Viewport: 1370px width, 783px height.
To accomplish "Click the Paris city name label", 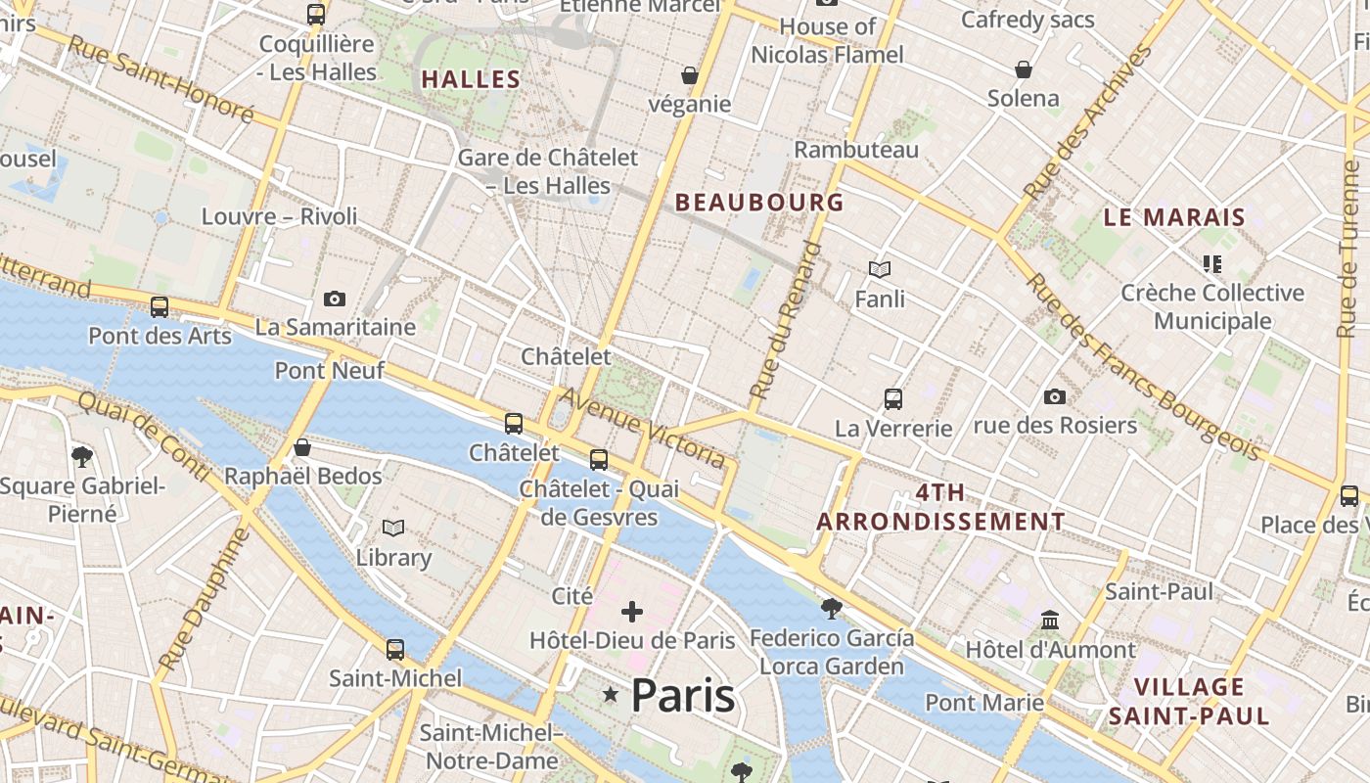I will [682, 695].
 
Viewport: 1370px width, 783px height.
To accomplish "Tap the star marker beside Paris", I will [611, 695].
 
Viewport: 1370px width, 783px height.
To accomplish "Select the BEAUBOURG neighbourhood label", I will [759, 203].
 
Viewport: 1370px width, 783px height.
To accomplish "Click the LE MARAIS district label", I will [1174, 217].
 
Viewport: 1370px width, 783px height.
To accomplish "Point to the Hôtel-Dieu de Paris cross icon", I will [632, 613].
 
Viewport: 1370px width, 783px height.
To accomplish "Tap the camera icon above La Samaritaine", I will [335, 299].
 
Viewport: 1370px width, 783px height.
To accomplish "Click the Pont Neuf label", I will [329, 371].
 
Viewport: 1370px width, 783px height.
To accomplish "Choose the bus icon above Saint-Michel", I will [395, 649].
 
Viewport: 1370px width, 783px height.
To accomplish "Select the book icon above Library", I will [393, 529].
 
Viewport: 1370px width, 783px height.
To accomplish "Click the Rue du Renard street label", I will [785, 320].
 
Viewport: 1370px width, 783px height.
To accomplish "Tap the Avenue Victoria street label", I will [642, 428].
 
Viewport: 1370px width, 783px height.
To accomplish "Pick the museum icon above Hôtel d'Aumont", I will [1050, 621].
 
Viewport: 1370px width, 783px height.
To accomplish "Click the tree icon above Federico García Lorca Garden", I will [832, 609].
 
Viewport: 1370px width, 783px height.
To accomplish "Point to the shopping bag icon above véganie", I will [690, 75].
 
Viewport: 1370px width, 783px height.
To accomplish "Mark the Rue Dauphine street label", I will [204, 600].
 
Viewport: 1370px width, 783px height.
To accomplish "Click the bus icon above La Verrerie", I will [893, 399].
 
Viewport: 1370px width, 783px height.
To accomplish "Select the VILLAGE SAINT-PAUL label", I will [1189, 701].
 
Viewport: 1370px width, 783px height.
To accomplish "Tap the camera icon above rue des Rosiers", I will [1054, 396].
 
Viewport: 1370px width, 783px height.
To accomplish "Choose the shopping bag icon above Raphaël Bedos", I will [302, 447].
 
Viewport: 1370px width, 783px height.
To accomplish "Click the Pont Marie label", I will [984, 703].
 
